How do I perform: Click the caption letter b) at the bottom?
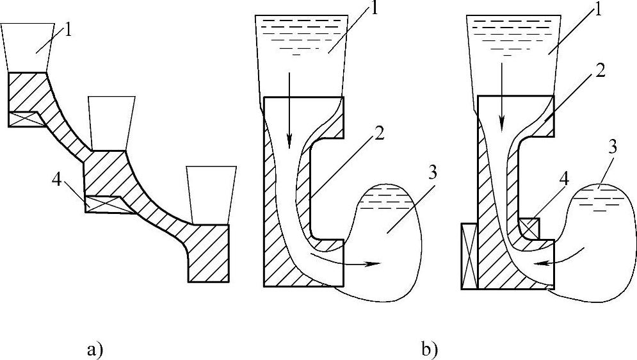(x=430, y=350)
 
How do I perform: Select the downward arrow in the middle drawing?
(x=290, y=109)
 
